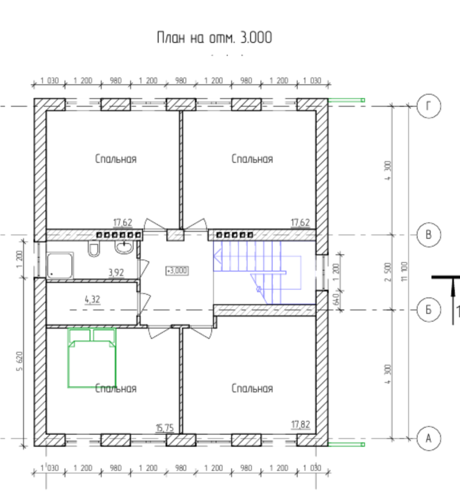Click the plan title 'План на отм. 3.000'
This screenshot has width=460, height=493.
214,37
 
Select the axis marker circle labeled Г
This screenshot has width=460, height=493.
428,106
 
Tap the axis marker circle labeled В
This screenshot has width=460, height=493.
428,235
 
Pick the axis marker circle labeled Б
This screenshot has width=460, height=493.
428,310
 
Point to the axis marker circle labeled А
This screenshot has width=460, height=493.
428,438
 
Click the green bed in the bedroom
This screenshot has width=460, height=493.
92,358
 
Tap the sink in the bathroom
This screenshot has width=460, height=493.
124,246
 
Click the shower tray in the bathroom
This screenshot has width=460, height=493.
60,266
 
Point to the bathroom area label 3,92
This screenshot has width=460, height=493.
116,272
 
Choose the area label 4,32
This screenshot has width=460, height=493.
93,300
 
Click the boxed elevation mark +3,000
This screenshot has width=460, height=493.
178,271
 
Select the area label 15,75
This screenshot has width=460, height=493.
165,428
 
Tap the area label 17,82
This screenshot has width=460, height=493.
300,425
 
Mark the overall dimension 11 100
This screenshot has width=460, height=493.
405,271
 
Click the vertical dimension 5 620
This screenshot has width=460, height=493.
20,361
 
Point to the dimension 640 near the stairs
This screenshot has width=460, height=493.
336,299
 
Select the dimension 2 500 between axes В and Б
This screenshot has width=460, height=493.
388,272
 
